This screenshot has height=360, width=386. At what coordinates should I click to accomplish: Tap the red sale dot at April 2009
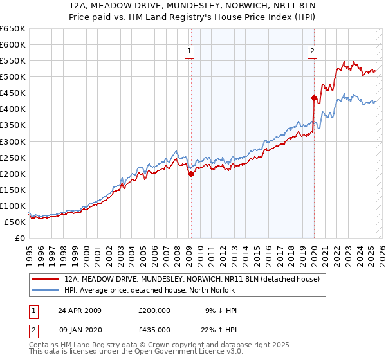191,174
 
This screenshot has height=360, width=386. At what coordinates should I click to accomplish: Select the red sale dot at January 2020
313,98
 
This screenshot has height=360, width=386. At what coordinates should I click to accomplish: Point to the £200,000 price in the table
154,310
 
